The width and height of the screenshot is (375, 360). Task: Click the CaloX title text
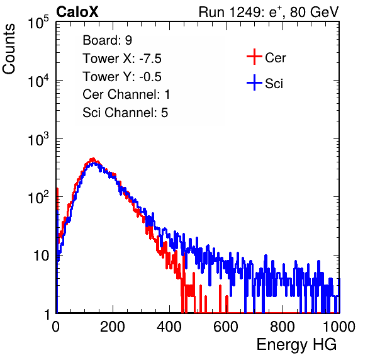click(x=77, y=12)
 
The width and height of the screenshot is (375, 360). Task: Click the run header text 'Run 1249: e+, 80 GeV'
click(x=269, y=12)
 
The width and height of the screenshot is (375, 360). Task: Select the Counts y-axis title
click(x=9, y=49)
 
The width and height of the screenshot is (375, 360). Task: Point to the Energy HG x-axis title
click(x=296, y=345)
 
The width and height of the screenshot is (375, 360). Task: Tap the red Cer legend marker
click(x=254, y=57)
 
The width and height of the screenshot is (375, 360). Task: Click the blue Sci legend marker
click(x=254, y=83)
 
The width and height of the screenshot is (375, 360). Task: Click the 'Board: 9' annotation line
click(x=107, y=40)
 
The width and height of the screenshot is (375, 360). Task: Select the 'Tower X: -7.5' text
click(x=122, y=59)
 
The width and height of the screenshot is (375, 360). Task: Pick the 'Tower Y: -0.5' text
click(x=122, y=77)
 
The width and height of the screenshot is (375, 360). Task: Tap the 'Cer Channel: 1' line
click(x=126, y=94)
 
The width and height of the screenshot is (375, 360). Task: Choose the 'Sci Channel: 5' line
click(x=125, y=113)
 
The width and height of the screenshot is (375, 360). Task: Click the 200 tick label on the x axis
click(x=113, y=327)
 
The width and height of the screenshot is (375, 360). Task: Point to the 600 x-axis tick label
click(x=226, y=327)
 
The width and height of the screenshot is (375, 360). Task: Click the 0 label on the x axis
click(x=56, y=327)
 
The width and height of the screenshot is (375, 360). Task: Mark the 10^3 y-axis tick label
click(x=38, y=139)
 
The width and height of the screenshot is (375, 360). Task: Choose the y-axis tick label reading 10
click(x=42, y=256)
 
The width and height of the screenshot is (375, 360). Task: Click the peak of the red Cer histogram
click(x=92, y=159)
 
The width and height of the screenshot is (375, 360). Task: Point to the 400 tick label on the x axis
click(x=169, y=327)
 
